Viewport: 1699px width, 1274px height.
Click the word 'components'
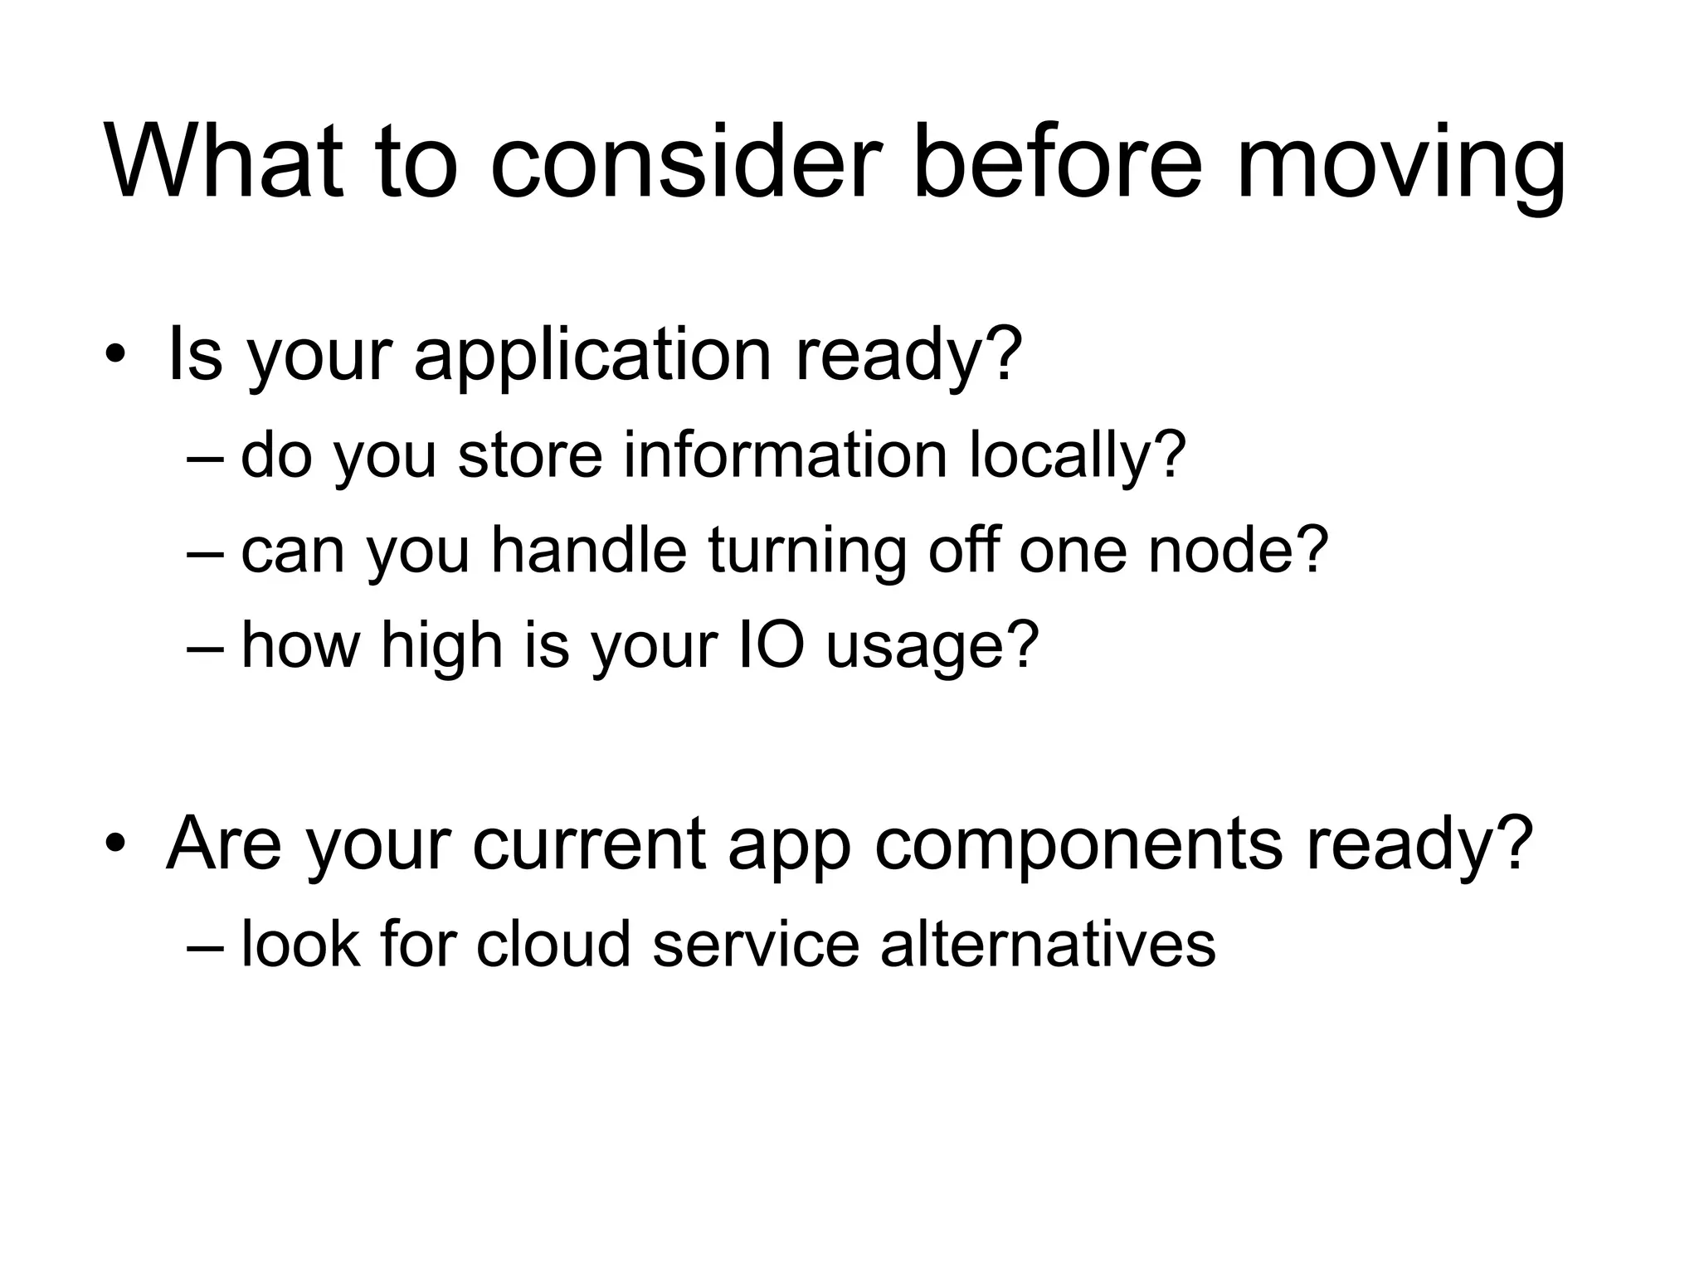point(1078,844)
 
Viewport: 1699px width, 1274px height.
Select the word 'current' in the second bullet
point(589,844)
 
